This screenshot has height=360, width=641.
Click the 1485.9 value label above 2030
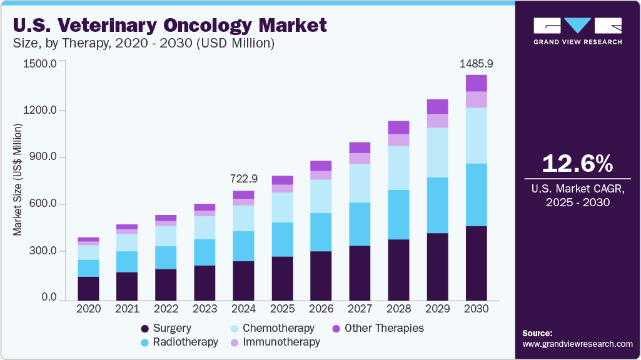pyautogui.click(x=476, y=64)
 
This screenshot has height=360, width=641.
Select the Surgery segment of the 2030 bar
pyautogui.click(x=476, y=262)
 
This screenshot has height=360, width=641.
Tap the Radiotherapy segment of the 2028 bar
pyautogui.click(x=398, y=214)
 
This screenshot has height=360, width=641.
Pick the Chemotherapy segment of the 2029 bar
pyautogui.click(x=437, y=152)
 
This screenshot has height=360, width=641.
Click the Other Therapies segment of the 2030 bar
pyautogui.click(x=476, y=83)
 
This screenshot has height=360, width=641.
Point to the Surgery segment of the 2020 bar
pyautogui.click(x=88, y=288)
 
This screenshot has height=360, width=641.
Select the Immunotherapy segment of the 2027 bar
pyautogui.click(x=360, y=159)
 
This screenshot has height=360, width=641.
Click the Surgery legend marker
pyautogui.click(x=145, y=329)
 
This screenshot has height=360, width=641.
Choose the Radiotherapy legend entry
pyautogui.click(x=179, y=342)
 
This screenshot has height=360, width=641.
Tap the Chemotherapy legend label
pyautogui.click(x=278, y=328)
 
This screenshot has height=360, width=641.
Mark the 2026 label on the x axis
pyautogui.click(x=321, y=309)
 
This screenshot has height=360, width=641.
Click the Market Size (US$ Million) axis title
pyautogui.click(x=18, y=180)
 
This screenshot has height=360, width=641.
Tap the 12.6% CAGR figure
pyautogui.click(x=577, y=164)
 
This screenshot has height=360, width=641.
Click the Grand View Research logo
pyautogui.click(x=577, y=30)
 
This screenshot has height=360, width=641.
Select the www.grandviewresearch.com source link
pyautogui.click(x=577, y=344)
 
